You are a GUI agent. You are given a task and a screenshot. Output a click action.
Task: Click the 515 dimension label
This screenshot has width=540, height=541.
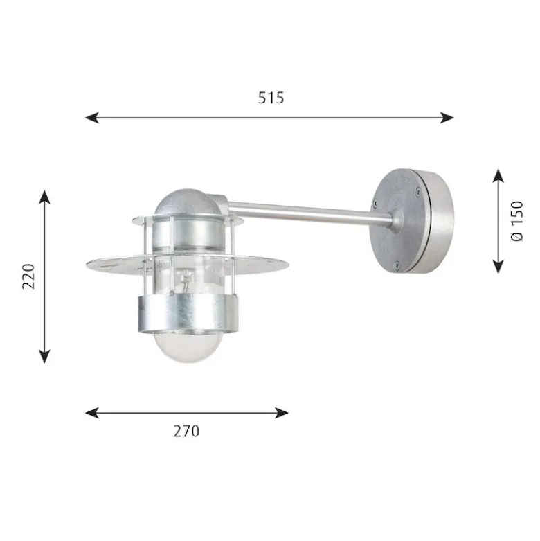point(271,98)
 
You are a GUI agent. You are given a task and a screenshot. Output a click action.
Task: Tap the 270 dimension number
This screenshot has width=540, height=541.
point(186,432)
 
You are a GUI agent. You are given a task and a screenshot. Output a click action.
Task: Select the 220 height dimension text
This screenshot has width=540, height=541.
point(28,276)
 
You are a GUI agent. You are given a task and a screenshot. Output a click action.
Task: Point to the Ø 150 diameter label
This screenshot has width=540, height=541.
point(516,221)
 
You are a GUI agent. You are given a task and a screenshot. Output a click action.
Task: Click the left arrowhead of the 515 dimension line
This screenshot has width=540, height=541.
point(92,118)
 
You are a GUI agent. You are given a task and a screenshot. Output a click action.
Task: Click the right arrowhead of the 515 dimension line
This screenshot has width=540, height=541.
point(447,118)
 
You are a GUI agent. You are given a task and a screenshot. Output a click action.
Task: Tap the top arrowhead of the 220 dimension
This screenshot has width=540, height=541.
point(44,197)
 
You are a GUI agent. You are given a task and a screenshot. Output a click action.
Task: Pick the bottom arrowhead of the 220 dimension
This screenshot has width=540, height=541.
point(44,357)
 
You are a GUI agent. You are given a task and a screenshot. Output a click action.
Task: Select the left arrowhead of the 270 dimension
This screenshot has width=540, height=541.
point(92,413)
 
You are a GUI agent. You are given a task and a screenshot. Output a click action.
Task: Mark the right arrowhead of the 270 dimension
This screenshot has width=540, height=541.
point(281,413)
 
